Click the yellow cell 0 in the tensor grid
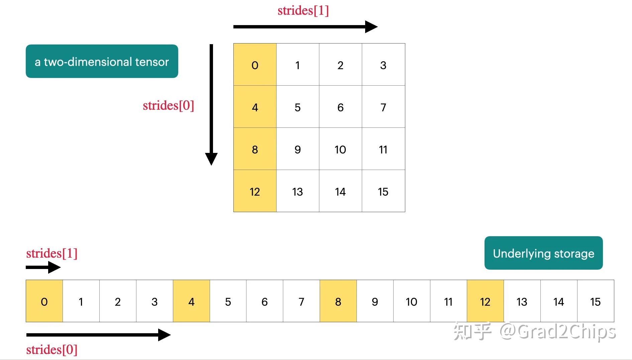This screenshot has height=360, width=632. click(x=255, y=65)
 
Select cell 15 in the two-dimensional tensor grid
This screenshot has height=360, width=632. click(x=383, y=191)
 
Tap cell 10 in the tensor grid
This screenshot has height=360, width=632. click(x=340, y=149)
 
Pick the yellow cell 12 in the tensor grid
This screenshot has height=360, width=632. click(x=255, y=191)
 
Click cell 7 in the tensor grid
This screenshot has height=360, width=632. click(x=383, y=107)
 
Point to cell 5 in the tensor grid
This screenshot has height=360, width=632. click(x=298, y=107)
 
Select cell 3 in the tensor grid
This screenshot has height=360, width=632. click(x=383, y=65)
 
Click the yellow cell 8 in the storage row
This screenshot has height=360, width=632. click(x=338, y=301)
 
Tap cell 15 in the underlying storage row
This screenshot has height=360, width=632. click(x=596, y=301)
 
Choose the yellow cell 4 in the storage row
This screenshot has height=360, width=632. click(x=191, y=301)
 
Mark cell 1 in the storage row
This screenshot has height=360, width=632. click(x=81, y=301)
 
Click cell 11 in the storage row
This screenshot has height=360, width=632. click(x=448, y=301)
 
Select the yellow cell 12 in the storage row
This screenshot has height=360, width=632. click(x=485, y=301)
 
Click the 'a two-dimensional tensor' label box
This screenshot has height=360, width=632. click(x=102, y=61)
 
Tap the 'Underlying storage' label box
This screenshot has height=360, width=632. click(x=543, y=253)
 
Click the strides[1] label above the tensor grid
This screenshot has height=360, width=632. click(x=303, y=10)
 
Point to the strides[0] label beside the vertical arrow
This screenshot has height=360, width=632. click(x=168, y=105)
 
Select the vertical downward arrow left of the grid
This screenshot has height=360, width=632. click(x=211, y=104)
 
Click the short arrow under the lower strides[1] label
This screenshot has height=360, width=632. click(x=43, y=267)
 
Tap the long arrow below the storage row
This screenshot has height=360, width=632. click(x=98, y=335)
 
